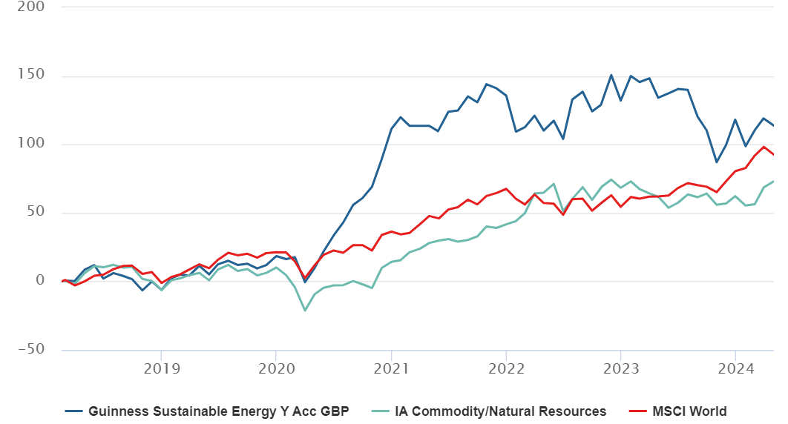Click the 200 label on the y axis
[x=31, y=7]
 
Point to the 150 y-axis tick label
[x=31, y=74]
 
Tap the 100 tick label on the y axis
[x=31, y=143]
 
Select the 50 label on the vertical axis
[x=36, y=211]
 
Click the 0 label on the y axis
[x=40, y=280]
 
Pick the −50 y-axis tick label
[x=31, y=348]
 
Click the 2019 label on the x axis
[x=162, y=369]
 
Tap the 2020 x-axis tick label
[x=277, y=369]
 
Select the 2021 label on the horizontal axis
[x=392, y=369]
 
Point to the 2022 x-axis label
[x=507, y=369]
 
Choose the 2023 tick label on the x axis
[x=621, y=369]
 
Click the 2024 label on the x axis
[x=736, y=369]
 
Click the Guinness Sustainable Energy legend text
[x=219, y=411]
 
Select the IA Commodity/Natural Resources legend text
[x=501, y=411]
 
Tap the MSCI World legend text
[x=689, y=411]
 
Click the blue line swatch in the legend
[x=74, y=411]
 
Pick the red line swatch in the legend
[x=637, y=411]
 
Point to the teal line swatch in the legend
[x=381, y=411]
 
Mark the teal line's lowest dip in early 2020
[x=304, y=311]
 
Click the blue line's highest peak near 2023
[x=611, y=76]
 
